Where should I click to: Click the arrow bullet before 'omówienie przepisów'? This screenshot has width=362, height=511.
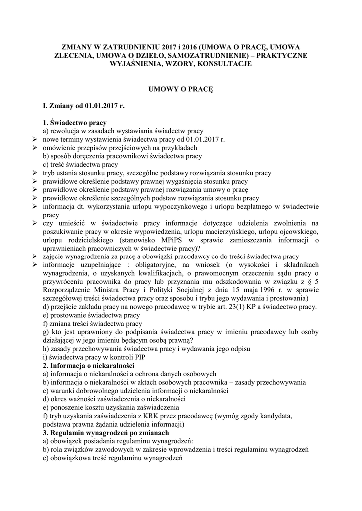pos(35,148)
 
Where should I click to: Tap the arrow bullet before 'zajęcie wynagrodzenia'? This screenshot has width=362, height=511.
pos(35,257)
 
